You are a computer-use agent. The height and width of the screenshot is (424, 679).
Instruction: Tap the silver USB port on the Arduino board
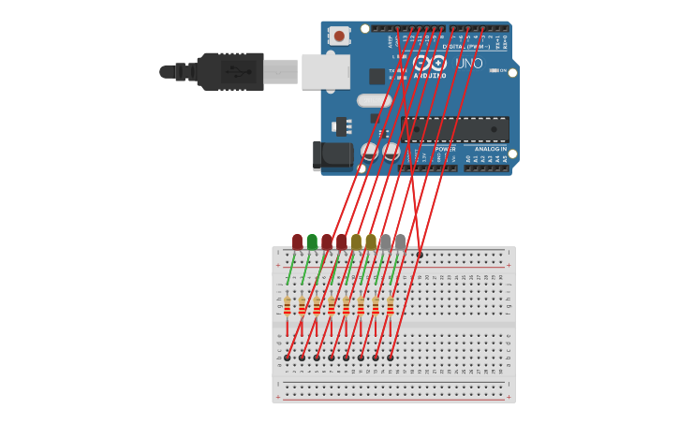(325, 71)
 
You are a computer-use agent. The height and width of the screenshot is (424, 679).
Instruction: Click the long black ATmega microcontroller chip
(456, 129)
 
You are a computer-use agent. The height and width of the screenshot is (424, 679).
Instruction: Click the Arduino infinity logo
(429, 63)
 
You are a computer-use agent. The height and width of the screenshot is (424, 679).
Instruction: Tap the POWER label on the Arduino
(445, 149)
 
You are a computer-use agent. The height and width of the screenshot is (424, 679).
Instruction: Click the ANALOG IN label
(490, 149)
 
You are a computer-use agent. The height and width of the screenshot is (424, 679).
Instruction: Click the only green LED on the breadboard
(312, 241)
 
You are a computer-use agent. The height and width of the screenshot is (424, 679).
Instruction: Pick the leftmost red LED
(297, 241)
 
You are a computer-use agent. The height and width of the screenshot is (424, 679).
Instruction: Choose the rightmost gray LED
(401, 241)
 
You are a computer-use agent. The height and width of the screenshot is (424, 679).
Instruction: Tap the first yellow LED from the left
(356, 241)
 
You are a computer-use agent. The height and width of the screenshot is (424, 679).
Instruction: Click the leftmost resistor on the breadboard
(288, 306)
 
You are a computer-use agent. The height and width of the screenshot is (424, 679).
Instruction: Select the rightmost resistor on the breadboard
(391, 306)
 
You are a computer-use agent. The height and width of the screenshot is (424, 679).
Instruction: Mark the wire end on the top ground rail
(420, 254)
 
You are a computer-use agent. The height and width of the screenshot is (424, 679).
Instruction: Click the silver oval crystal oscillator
(374, 100)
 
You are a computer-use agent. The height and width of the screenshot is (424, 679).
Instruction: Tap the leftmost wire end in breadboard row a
(288, 358)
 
